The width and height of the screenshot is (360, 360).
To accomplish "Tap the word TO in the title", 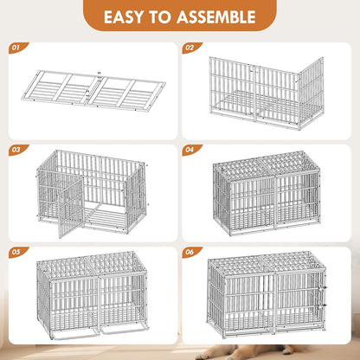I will click(164, 16).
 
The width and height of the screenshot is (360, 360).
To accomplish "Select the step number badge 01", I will click(14, 48).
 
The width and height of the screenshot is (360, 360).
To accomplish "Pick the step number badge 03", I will click(14, 148).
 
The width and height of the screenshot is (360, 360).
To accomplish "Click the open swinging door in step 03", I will click(69, 204).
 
